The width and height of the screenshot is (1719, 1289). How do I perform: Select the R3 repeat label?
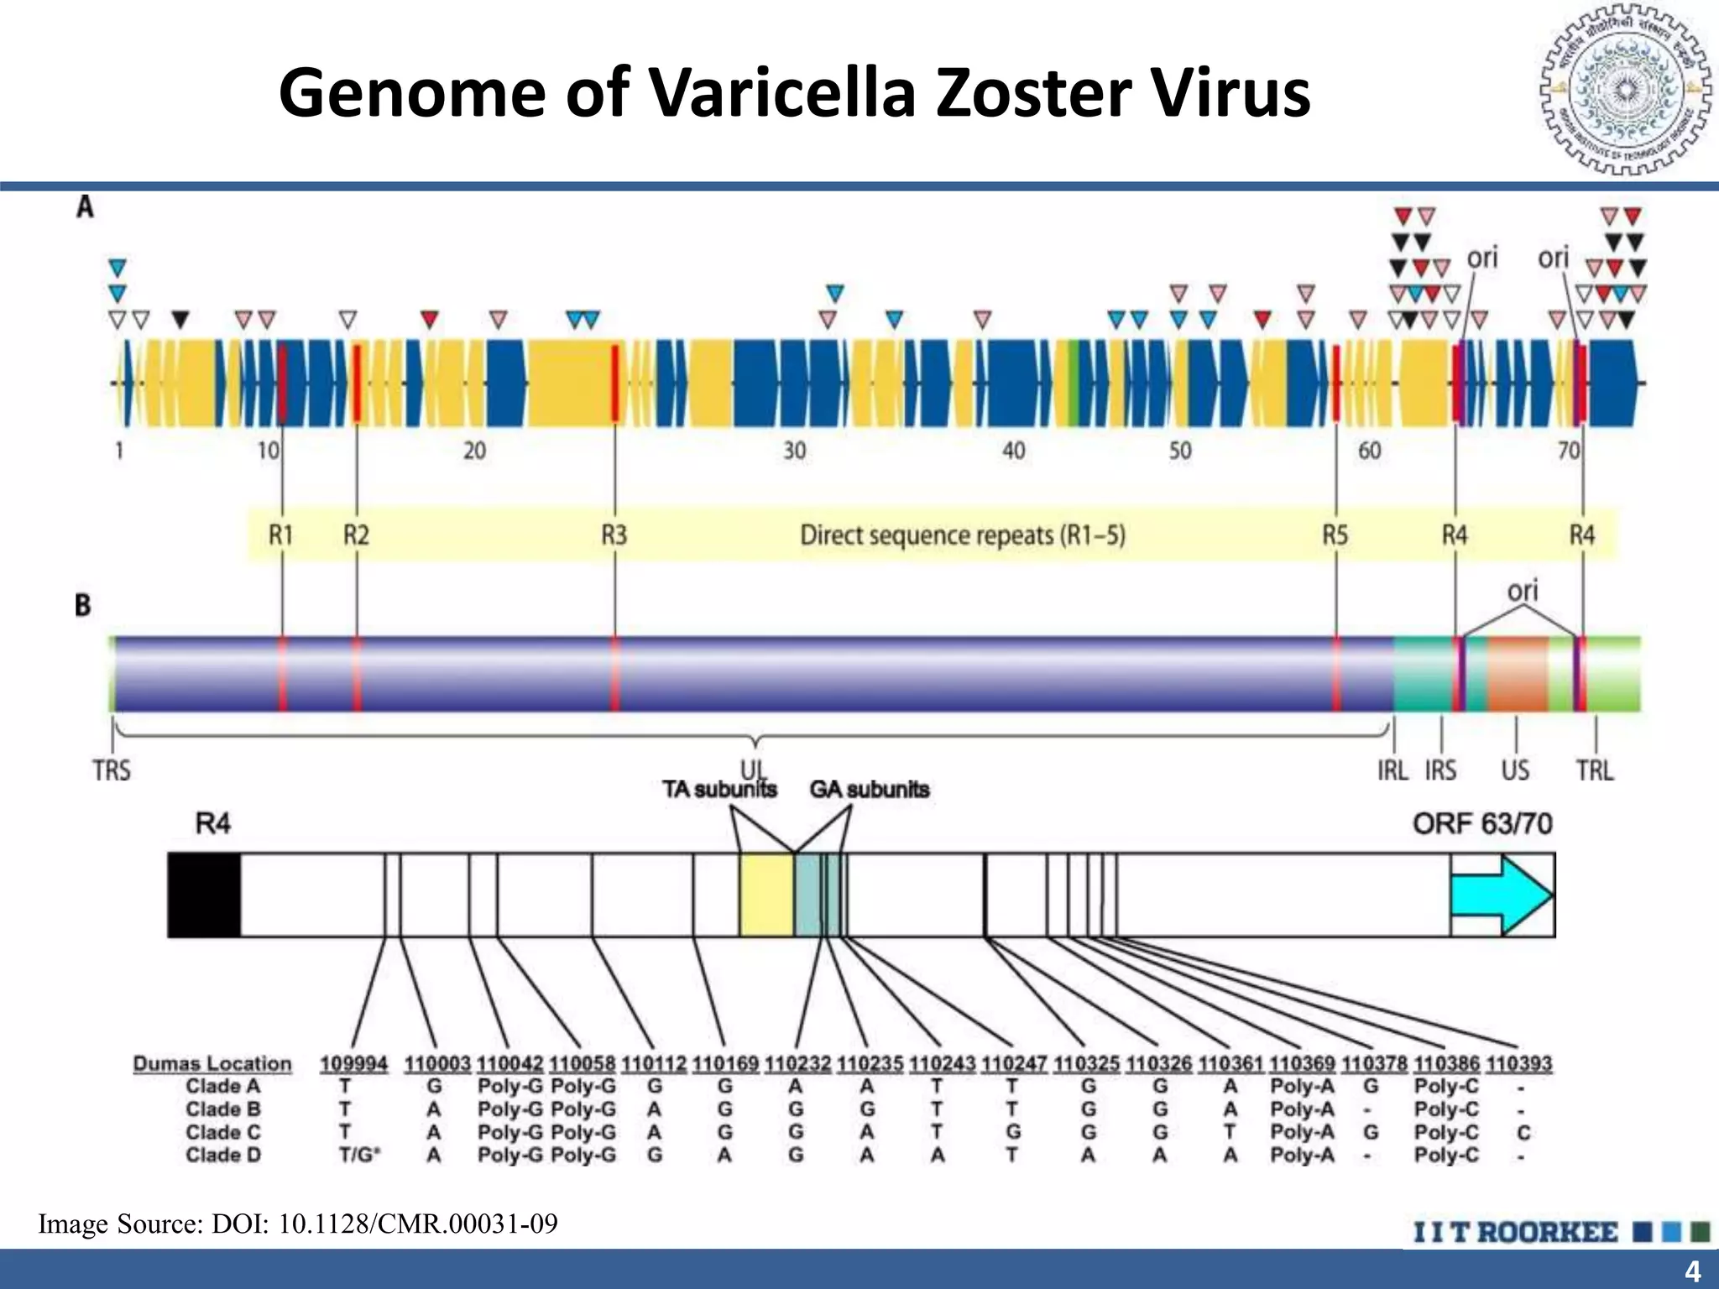click(614, 535)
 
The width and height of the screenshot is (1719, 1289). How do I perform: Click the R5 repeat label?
click(1335, 535)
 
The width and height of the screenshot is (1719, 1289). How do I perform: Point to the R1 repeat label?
click(280, 535)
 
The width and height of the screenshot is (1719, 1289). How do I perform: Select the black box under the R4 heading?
click(204, 895)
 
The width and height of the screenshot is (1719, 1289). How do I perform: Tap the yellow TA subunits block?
click(766, 895)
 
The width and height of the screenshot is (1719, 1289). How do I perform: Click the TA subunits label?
click(719, 790)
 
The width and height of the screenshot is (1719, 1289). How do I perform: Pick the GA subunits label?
click(870, 790)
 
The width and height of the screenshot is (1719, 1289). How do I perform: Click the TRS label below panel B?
click(112, 770)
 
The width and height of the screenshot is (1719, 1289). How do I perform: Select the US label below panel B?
click(1515, 770)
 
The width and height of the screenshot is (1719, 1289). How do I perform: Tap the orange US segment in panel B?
click(1518, 674)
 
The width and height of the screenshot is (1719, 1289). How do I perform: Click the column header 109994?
click(353, 1064)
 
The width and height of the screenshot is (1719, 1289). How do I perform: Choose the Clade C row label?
click(223, 1132)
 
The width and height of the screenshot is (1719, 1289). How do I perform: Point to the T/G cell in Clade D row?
click(358, 1156)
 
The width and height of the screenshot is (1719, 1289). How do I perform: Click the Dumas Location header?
click(212, 1064)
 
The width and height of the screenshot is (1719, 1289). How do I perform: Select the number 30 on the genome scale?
click(794, 451)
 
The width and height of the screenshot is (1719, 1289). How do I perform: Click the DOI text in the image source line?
click(417, 1224)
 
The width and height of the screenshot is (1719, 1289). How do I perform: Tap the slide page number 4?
click(1692, 1271)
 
